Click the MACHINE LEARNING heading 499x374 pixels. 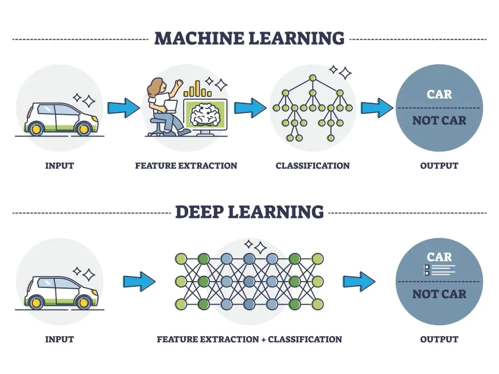[x=249, y=38]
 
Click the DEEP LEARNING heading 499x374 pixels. [x=249, y=212]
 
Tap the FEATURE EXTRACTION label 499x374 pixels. [x=186, y=166]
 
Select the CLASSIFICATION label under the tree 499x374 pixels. [x=313, y=166]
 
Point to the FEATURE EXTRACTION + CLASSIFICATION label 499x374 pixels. [x=249, y=339]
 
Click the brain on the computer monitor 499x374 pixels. [x=205, y=113]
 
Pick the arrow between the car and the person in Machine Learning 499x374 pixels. [x=123, y=107]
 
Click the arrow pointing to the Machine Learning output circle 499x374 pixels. [x=377, y=107]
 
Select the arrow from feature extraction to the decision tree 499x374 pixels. [x=251, y=107]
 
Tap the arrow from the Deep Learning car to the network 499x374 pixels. [x=139, y=281]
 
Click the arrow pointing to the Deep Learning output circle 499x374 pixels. [x=359, y=281]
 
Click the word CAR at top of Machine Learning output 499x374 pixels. [x=439, y=94]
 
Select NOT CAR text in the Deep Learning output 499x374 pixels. [x=439, y=294]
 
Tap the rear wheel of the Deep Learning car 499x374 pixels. [x=37, y=301]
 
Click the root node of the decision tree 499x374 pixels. [x=313, y=78]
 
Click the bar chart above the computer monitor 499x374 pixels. [x=197, y=88]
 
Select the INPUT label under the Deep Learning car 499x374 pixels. [x=60, y=339]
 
